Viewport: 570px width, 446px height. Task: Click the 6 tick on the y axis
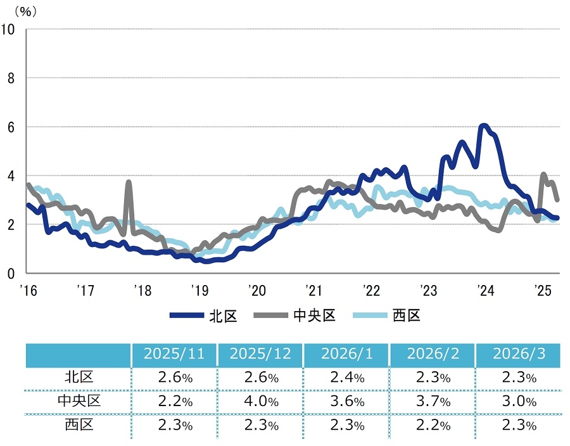[11, 127]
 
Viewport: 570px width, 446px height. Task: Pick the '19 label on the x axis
[199, 291]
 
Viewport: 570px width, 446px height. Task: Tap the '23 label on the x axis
[428, 291]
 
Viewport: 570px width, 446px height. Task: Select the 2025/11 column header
[174, 354]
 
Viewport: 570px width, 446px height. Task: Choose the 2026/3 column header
[518, 354]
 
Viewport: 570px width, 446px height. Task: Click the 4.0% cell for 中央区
[261, 401]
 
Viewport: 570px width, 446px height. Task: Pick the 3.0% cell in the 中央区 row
[518, 401]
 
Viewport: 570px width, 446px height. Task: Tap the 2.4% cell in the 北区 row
[346, 378]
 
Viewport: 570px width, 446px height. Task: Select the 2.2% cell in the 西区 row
[433, 424]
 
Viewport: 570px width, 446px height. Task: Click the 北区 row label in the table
[79, 378]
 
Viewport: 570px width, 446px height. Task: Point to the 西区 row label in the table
[79, 424]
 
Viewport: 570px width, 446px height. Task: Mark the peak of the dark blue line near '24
[484, 125]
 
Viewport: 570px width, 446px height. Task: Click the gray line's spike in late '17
[129, 182]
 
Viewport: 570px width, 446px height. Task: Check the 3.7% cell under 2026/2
[433, 401]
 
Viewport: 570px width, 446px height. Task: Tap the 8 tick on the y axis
[11, 78]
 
